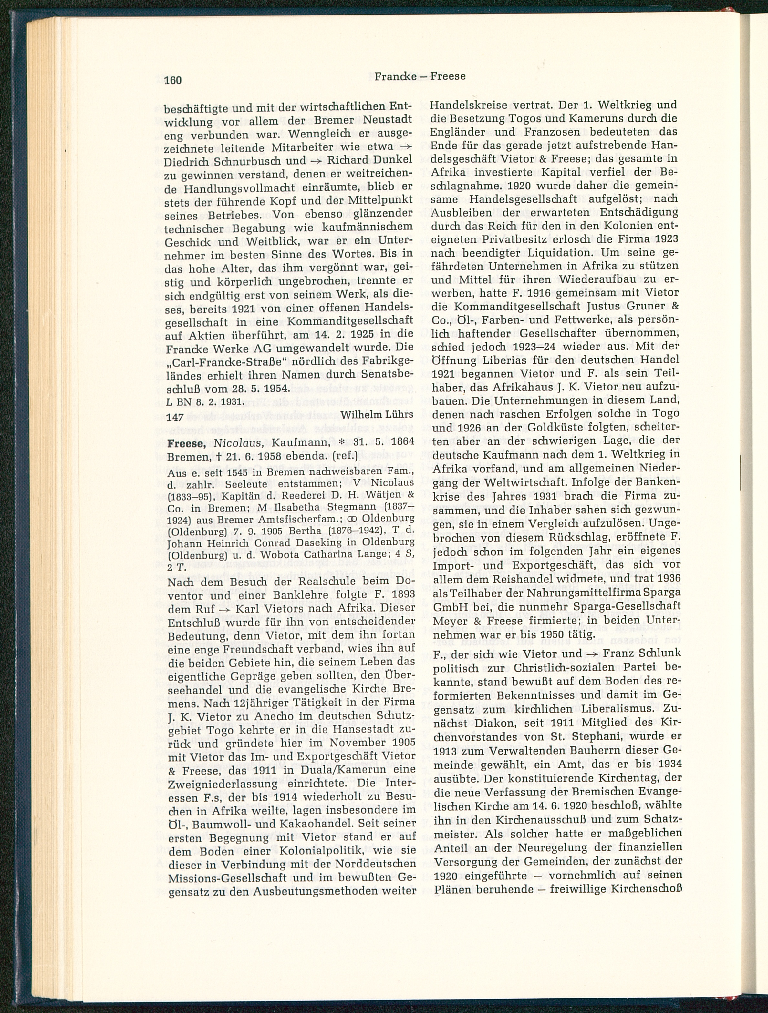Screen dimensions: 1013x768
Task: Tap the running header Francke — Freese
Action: [x=420, y=76]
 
